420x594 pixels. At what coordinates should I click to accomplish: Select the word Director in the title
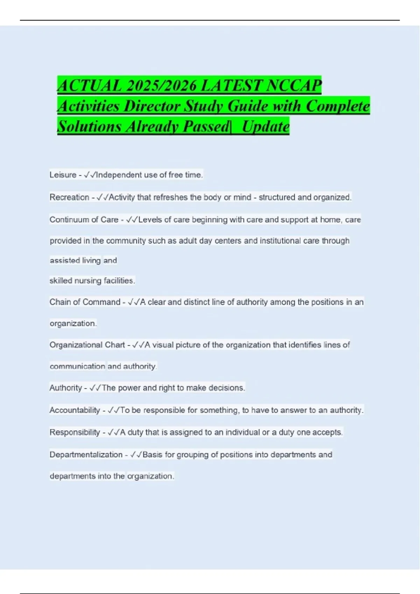point(152,106)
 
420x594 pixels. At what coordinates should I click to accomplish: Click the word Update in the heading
point(266,126)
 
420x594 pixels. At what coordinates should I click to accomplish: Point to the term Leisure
point(63,175)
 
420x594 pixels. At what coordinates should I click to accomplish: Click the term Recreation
point(69,197)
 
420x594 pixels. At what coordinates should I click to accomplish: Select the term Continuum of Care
point(84,220)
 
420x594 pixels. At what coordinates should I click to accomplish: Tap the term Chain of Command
point(85,302)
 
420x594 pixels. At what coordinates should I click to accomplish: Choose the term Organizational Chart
point(87,345)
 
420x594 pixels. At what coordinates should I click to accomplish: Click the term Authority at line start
point(65,388)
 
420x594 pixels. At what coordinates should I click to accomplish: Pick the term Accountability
point(75,410)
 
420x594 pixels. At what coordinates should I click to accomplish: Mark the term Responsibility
point(75,432)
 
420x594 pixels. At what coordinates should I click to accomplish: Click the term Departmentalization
point(86,455)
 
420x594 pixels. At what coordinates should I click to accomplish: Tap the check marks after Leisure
point(90,175)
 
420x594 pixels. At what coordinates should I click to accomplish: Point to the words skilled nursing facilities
point(92,281)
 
